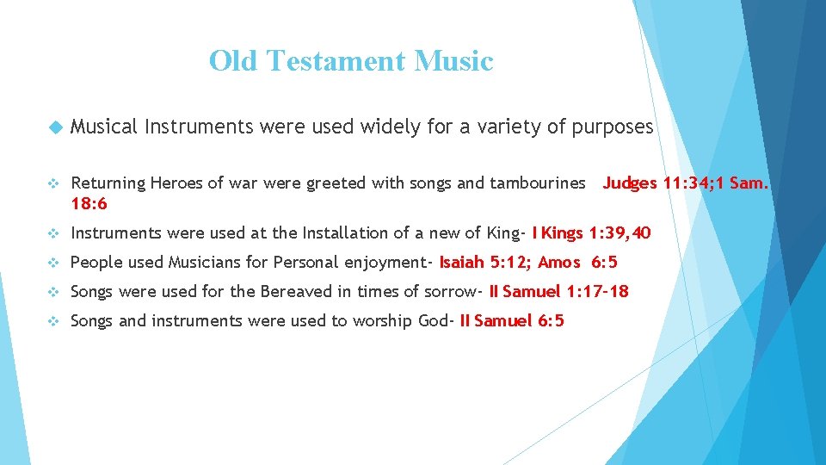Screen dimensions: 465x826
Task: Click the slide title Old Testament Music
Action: tap(351, 61)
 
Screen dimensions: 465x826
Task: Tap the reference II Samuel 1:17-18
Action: tap(558, 291)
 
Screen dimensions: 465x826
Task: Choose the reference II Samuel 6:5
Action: tap(512, 320)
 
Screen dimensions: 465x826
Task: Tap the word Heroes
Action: tap(177, 183)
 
